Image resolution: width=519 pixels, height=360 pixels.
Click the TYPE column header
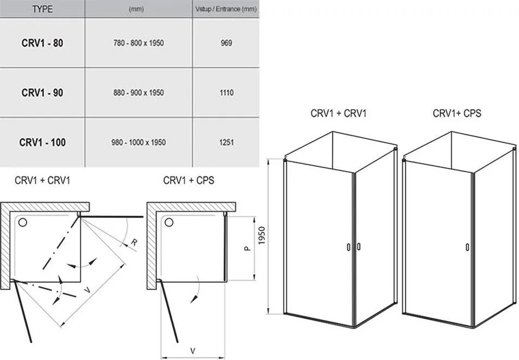(x=42, y=9)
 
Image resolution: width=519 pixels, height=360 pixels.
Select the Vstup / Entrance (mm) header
(x=226, y=9)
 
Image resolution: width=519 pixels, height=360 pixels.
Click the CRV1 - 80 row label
(x=42, y=43)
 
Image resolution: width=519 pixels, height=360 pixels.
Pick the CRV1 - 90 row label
(x=42, y=92)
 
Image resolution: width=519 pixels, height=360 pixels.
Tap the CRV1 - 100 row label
(x=42, y=142)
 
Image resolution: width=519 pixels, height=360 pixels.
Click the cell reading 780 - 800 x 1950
(x=139, y=43)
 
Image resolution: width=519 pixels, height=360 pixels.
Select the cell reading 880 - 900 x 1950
(x=139, y=92)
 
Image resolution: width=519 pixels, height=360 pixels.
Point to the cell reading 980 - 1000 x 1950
(x=139, y=142)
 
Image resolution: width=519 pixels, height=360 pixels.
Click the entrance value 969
(x=227, y=43)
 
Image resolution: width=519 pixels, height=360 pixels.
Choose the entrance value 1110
(x=227, y=92)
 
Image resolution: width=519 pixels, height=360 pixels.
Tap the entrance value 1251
(x=227, y=142)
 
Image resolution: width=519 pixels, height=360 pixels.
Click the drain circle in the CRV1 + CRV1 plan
(x=22, y=222)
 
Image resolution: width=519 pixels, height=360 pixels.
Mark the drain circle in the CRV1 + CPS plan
(x=169, y=222)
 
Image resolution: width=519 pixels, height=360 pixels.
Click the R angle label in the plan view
(x=134, y=242)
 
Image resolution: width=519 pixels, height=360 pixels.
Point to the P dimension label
(x=247, y=248)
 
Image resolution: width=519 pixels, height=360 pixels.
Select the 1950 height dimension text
(x=261, y=236)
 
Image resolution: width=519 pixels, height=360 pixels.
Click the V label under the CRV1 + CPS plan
(x=193, y=350)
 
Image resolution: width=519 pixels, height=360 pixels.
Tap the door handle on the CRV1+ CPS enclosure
(x=467, y=247)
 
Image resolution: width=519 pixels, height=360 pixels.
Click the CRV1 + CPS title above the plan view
(x=189, y=180)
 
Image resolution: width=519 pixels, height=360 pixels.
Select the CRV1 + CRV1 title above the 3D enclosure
(x=339, y=113)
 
